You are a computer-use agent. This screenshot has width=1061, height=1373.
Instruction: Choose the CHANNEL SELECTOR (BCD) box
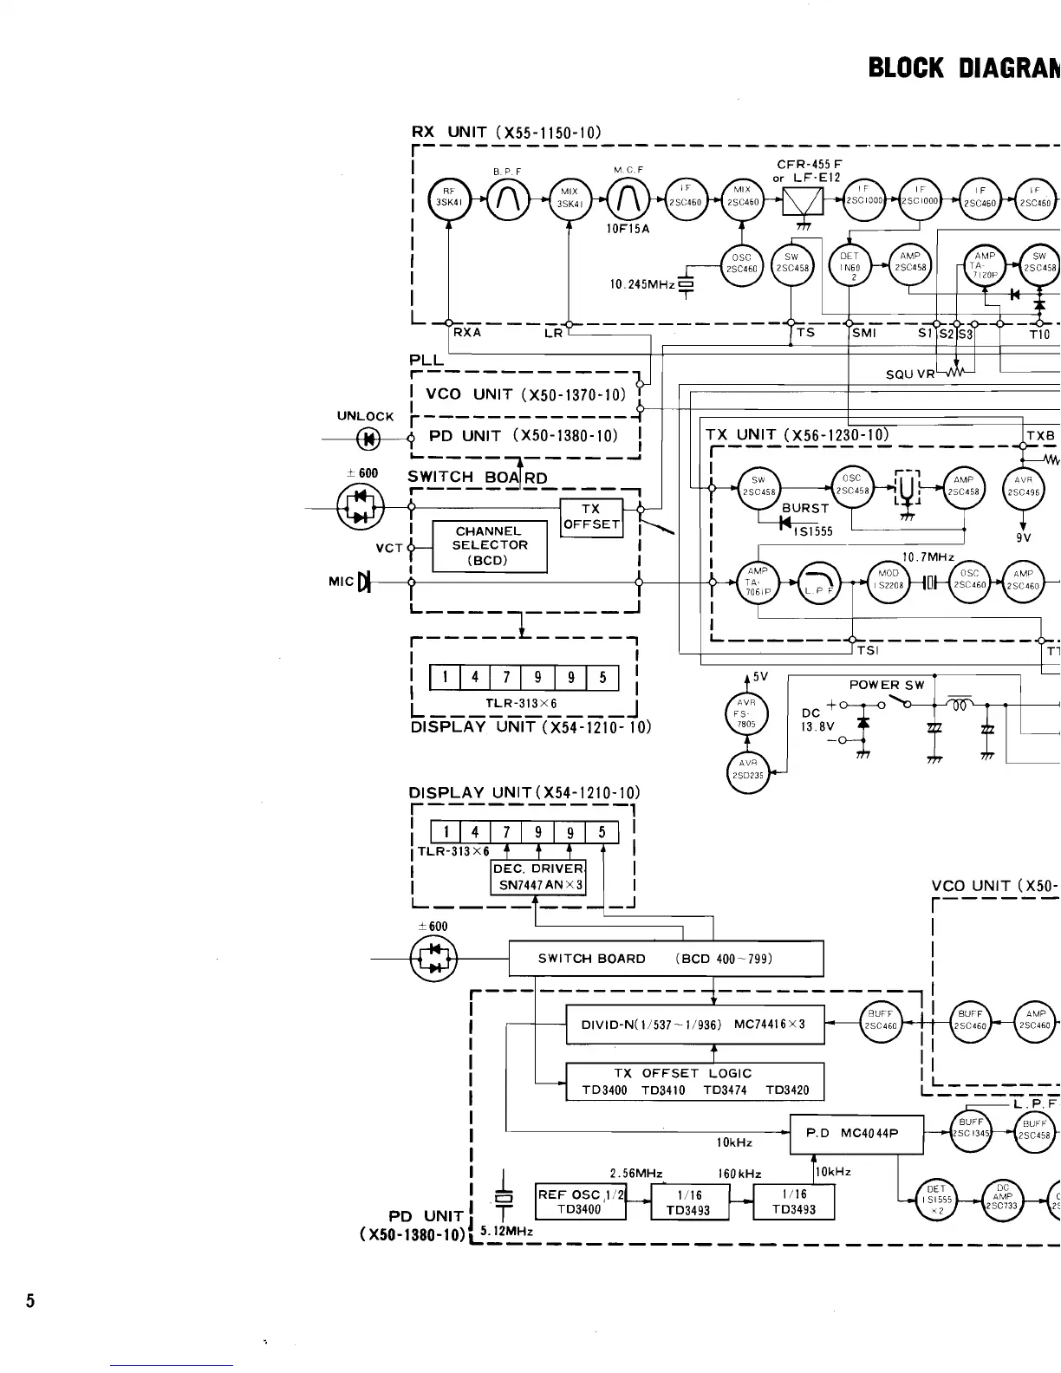coord(490,545)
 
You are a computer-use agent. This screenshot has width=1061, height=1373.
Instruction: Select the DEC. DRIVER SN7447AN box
coord(538,877)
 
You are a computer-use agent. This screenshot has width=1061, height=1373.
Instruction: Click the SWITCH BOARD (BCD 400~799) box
coord(665,958)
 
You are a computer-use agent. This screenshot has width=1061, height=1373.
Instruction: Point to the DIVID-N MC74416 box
coord(694,1024)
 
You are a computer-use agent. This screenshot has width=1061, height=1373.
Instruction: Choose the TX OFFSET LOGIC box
coord(694,1082)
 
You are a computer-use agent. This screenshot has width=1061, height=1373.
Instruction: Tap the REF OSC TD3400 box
coord(581,1201)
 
